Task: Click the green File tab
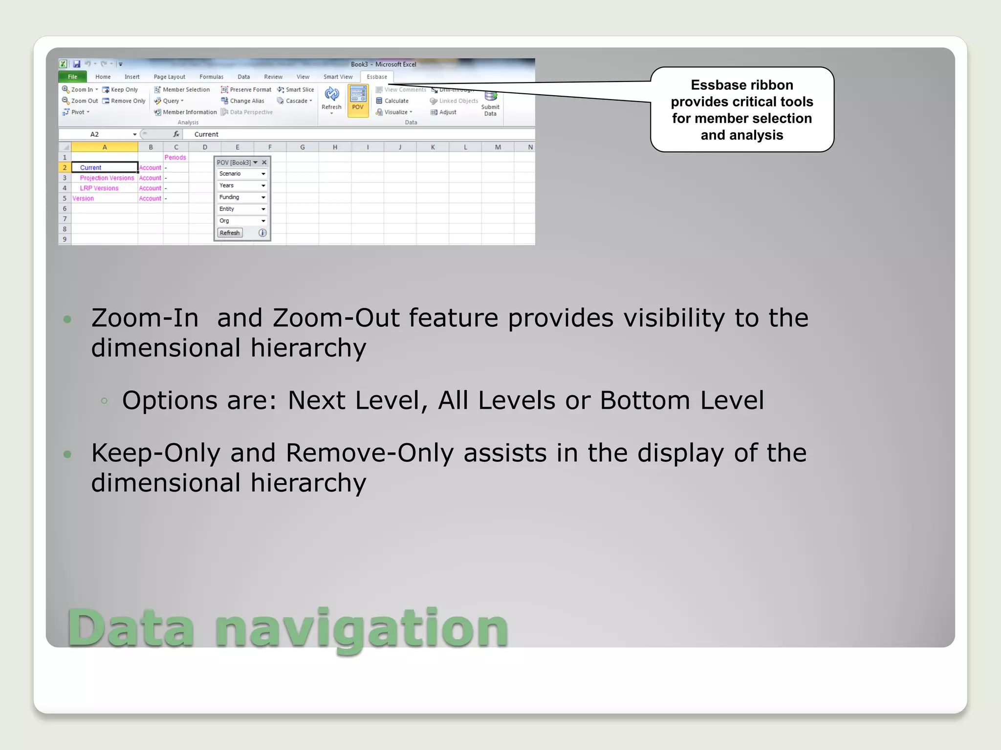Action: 72,77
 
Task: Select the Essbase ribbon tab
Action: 376,77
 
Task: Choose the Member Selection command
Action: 182,90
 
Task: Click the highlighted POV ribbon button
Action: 358,101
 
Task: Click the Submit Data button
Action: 490,104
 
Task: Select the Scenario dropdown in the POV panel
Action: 242,174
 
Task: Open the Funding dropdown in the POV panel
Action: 242,197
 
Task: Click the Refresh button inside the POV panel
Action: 230,233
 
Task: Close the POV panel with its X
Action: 264,163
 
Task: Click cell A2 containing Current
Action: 104,167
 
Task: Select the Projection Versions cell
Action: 107,178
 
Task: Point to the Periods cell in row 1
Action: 175,157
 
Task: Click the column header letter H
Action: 335,147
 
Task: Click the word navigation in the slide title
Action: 362,628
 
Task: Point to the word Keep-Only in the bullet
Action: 156,453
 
